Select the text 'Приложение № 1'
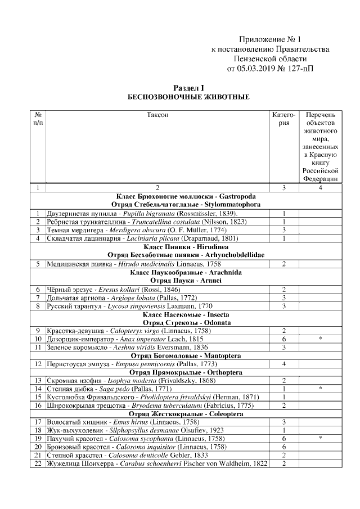[x=270, y=39]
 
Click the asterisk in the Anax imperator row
[x=319, y=339]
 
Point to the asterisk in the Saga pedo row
[x=319, y=389]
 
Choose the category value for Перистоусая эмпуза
[x=284, y=364]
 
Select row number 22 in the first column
[x=38, y=463]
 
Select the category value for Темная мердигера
[x=284, y=230]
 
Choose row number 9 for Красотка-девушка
[x=38, y=331]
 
